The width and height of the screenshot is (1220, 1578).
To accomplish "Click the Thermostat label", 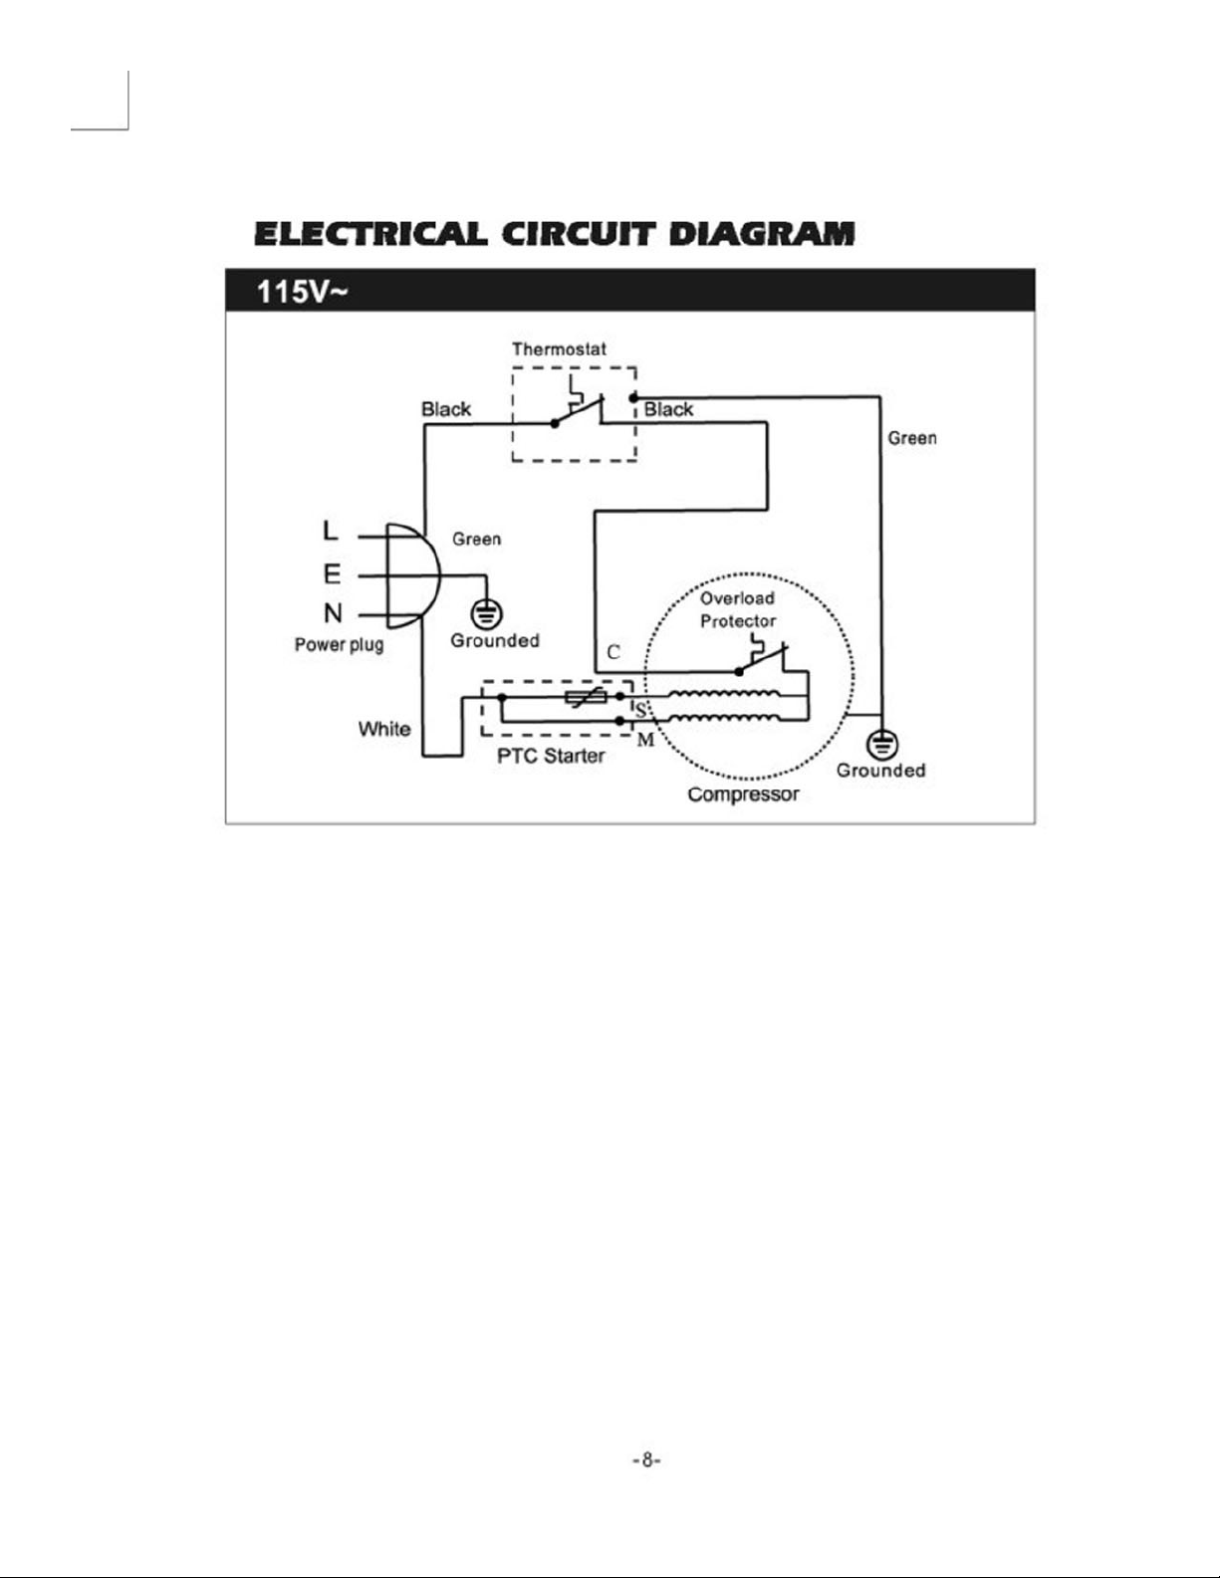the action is point(559,348).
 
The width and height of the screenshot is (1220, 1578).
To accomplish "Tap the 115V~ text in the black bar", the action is point(302,292).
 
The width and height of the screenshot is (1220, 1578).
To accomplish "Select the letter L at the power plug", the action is point(331,530).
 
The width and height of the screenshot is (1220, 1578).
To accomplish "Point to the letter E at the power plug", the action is point(332,574).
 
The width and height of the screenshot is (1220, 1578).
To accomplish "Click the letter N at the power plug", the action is point(333,613).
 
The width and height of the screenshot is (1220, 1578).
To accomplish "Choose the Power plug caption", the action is point(340,645).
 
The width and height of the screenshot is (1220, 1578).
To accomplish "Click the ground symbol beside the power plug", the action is point(486,614).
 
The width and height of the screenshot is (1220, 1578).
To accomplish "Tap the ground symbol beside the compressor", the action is point(882,745).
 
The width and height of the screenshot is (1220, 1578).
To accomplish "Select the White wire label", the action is point(384,729).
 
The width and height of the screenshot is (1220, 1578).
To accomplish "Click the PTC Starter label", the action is point(551,756).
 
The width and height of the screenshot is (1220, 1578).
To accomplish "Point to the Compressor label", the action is point(743,794).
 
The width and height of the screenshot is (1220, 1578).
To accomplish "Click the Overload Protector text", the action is point(738,610).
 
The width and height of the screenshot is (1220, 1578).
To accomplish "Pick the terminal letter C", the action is point(612,652).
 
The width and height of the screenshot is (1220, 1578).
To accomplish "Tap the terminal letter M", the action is point(645,740).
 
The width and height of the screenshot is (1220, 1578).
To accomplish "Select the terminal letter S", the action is point(640,710).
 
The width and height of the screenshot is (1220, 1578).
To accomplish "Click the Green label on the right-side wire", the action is point(912,438).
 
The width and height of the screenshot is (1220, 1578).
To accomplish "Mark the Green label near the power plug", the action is point(476,539).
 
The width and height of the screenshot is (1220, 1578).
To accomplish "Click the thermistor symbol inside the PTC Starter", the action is point(586,697).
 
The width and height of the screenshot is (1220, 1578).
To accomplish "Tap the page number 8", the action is point(646,1461).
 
